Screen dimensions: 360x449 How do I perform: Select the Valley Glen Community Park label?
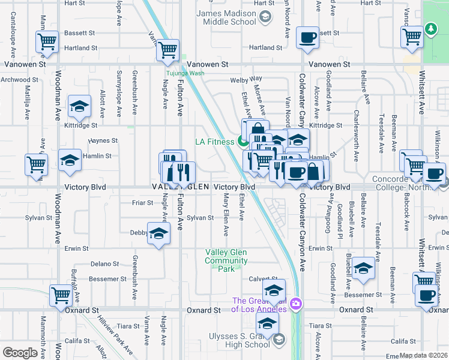click(226, 261)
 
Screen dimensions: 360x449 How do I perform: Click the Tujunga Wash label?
click(185, 73)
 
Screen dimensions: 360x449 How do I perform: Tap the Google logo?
click(20, 353)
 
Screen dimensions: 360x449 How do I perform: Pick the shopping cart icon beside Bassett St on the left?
click(47, 42)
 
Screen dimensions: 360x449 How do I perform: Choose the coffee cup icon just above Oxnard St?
click(427, 296)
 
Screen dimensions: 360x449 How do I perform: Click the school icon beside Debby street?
click(158, 234)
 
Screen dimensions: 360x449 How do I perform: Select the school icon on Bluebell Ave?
click(363, 269)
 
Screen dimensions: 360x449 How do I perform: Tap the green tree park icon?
click(430, 29)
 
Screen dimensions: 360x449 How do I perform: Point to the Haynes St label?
click(103, 140)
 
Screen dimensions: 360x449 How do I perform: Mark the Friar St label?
click(143, 203)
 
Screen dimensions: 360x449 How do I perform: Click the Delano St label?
click(104, 263)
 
